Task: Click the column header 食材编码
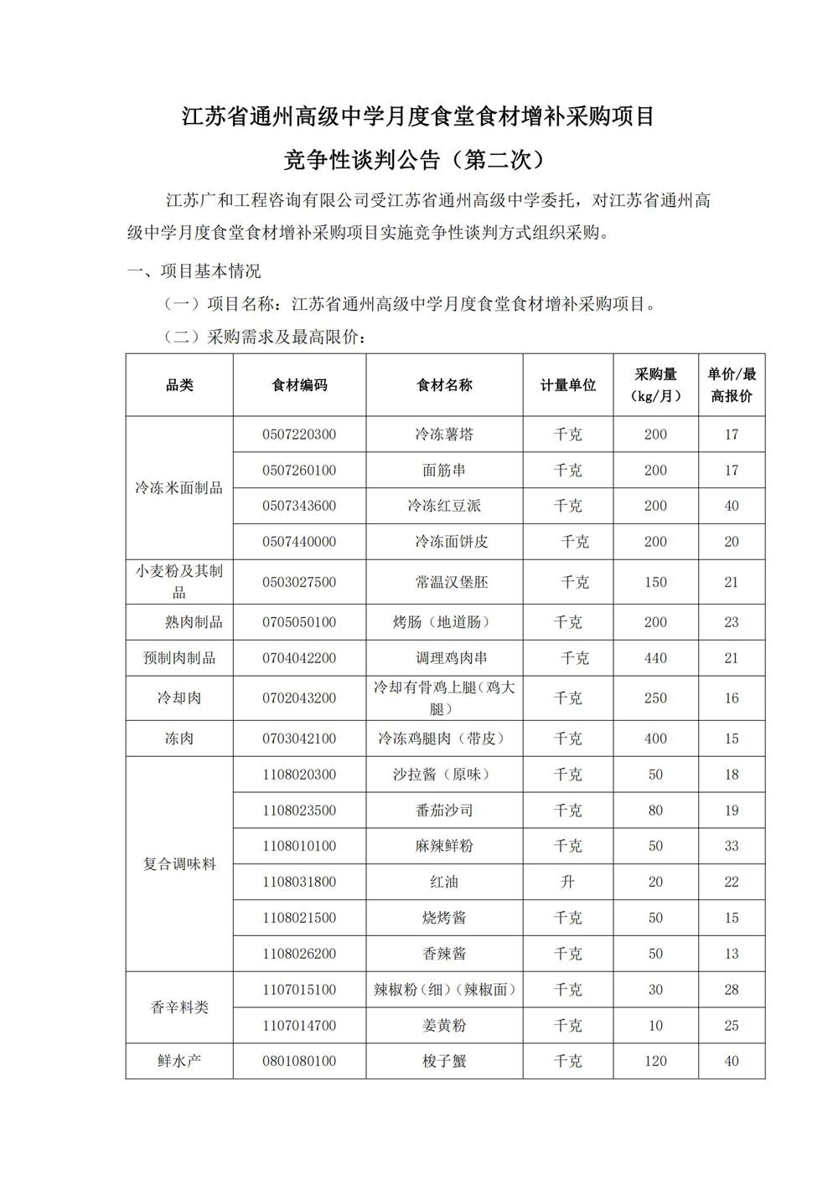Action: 299,385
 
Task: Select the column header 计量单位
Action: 568,385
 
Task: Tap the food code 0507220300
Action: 299,435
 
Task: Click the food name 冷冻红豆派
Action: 444,506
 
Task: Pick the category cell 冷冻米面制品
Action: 179,487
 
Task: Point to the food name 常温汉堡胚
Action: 444,582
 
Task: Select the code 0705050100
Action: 299,622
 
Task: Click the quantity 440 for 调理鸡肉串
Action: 655,658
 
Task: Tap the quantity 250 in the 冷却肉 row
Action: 655,698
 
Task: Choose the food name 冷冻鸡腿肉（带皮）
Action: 444,739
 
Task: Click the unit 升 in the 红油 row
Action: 568,882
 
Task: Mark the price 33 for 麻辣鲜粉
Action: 732,846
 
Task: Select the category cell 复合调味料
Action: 179,863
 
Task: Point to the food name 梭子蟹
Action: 444,1061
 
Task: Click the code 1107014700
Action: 299,1025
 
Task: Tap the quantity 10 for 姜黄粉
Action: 655,1025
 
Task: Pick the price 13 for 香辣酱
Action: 732,954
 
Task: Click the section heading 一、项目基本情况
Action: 194,271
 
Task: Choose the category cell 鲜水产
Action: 179,1061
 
